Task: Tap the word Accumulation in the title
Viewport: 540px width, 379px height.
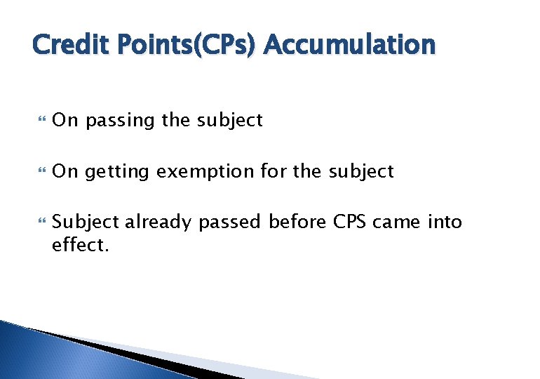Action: point(350,46)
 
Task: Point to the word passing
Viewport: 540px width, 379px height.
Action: point(120,121)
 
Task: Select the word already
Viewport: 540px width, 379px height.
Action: point(158,222)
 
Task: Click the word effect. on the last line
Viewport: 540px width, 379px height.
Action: point(81,246)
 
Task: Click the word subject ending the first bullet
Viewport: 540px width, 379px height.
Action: point(229,121)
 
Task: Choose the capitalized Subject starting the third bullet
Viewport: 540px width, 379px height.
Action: point(87,222)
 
